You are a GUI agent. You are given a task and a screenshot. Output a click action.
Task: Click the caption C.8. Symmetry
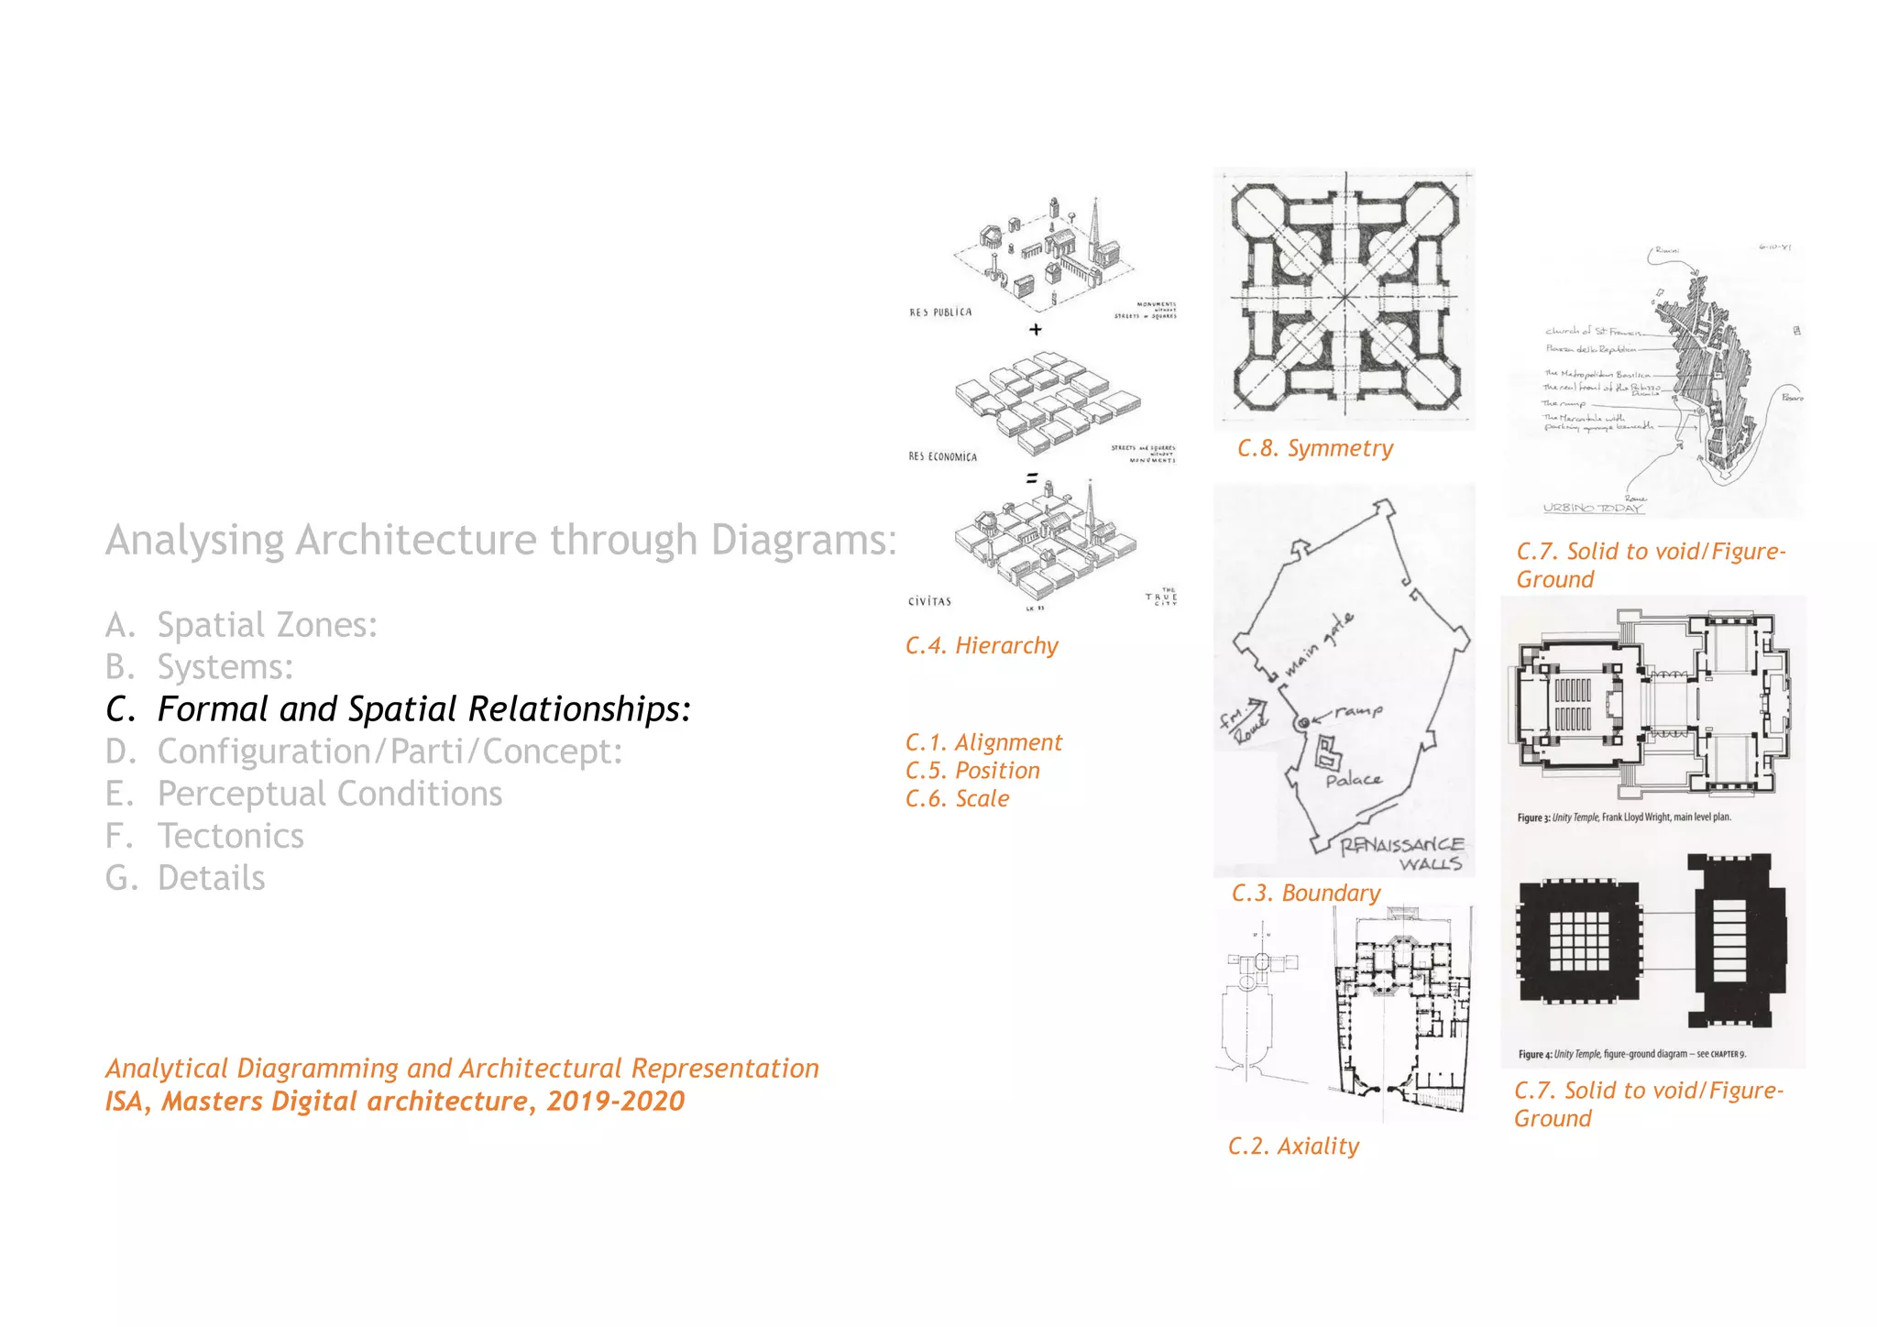(1314, 448)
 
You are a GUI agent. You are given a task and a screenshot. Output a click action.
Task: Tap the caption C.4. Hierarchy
(982, 646)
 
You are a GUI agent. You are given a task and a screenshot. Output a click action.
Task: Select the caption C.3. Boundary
(1305, 894)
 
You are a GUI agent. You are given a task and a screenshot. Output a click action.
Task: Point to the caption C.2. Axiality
(1293, 1146)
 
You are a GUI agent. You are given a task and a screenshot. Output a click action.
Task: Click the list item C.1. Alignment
(983, 742)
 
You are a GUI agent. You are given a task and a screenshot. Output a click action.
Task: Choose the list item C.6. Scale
(957, 799)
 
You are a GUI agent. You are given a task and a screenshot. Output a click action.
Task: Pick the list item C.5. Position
(972, 771)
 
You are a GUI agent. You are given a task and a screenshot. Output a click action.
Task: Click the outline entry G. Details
(185, 878)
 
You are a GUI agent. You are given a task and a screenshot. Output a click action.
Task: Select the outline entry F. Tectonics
(204, 836)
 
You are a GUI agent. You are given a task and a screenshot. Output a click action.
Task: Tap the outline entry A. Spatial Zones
(241, 625)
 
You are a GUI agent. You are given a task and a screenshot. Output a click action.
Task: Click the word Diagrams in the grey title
(803, 540)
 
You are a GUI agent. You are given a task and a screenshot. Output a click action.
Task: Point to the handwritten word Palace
(1353, 780)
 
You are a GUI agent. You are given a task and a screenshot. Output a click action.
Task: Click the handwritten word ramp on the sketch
(1358, 710)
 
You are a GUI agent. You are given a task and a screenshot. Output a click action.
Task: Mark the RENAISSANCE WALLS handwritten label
(1402, 854)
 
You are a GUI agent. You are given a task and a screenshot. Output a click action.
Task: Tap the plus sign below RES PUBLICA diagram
(1036, 330)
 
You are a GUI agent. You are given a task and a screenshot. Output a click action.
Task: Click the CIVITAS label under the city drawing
(929, 602)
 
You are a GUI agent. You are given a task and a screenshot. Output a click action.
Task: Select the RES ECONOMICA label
(942, 456)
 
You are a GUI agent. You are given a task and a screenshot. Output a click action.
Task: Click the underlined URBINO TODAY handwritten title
(1593, 508)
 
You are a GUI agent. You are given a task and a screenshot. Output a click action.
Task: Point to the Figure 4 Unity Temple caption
(1631, 1054)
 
